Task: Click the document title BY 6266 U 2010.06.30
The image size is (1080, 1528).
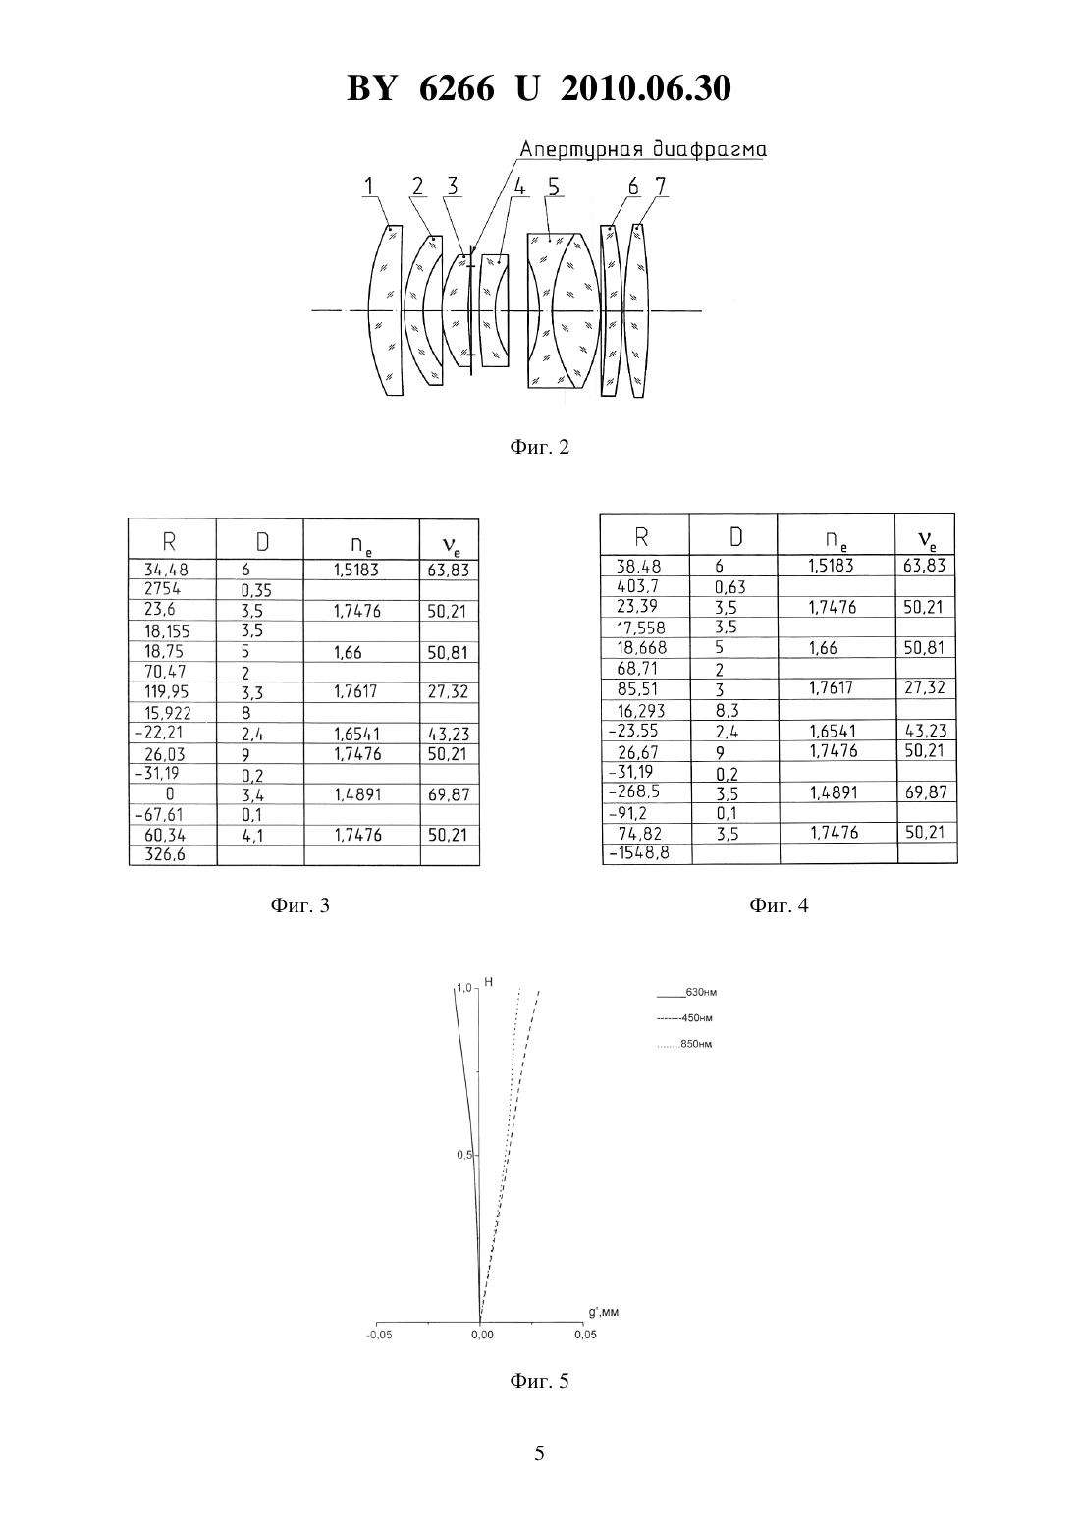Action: (x=539, y=88)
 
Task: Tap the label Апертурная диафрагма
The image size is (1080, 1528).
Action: (x=643, y=149)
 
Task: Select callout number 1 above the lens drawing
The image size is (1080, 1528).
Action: (x=369, y=186)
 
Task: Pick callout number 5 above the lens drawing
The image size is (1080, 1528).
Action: (x=554, y=186)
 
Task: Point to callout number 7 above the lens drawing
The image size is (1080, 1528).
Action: (x=660, y=186)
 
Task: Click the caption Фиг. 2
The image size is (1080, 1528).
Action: (x=539, y=447)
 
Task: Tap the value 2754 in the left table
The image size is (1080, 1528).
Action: (x=162, y=588)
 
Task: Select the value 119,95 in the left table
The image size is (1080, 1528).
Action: (x=166, y=691)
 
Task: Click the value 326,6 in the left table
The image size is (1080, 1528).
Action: (x=164, y=854)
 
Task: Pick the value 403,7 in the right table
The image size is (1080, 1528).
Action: (x=637, y=586)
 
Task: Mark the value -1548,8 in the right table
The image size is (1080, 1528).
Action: (x=639, y=852)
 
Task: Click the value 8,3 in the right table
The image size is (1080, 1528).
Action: (x=727, y=710)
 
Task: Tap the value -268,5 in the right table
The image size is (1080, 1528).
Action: (x=635, y=791)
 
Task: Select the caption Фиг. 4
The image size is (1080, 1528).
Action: (x=779, y=905)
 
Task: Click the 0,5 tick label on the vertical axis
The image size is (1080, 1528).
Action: (x=464, y=1155)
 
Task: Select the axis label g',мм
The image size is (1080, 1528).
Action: (x=604, y=1312)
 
